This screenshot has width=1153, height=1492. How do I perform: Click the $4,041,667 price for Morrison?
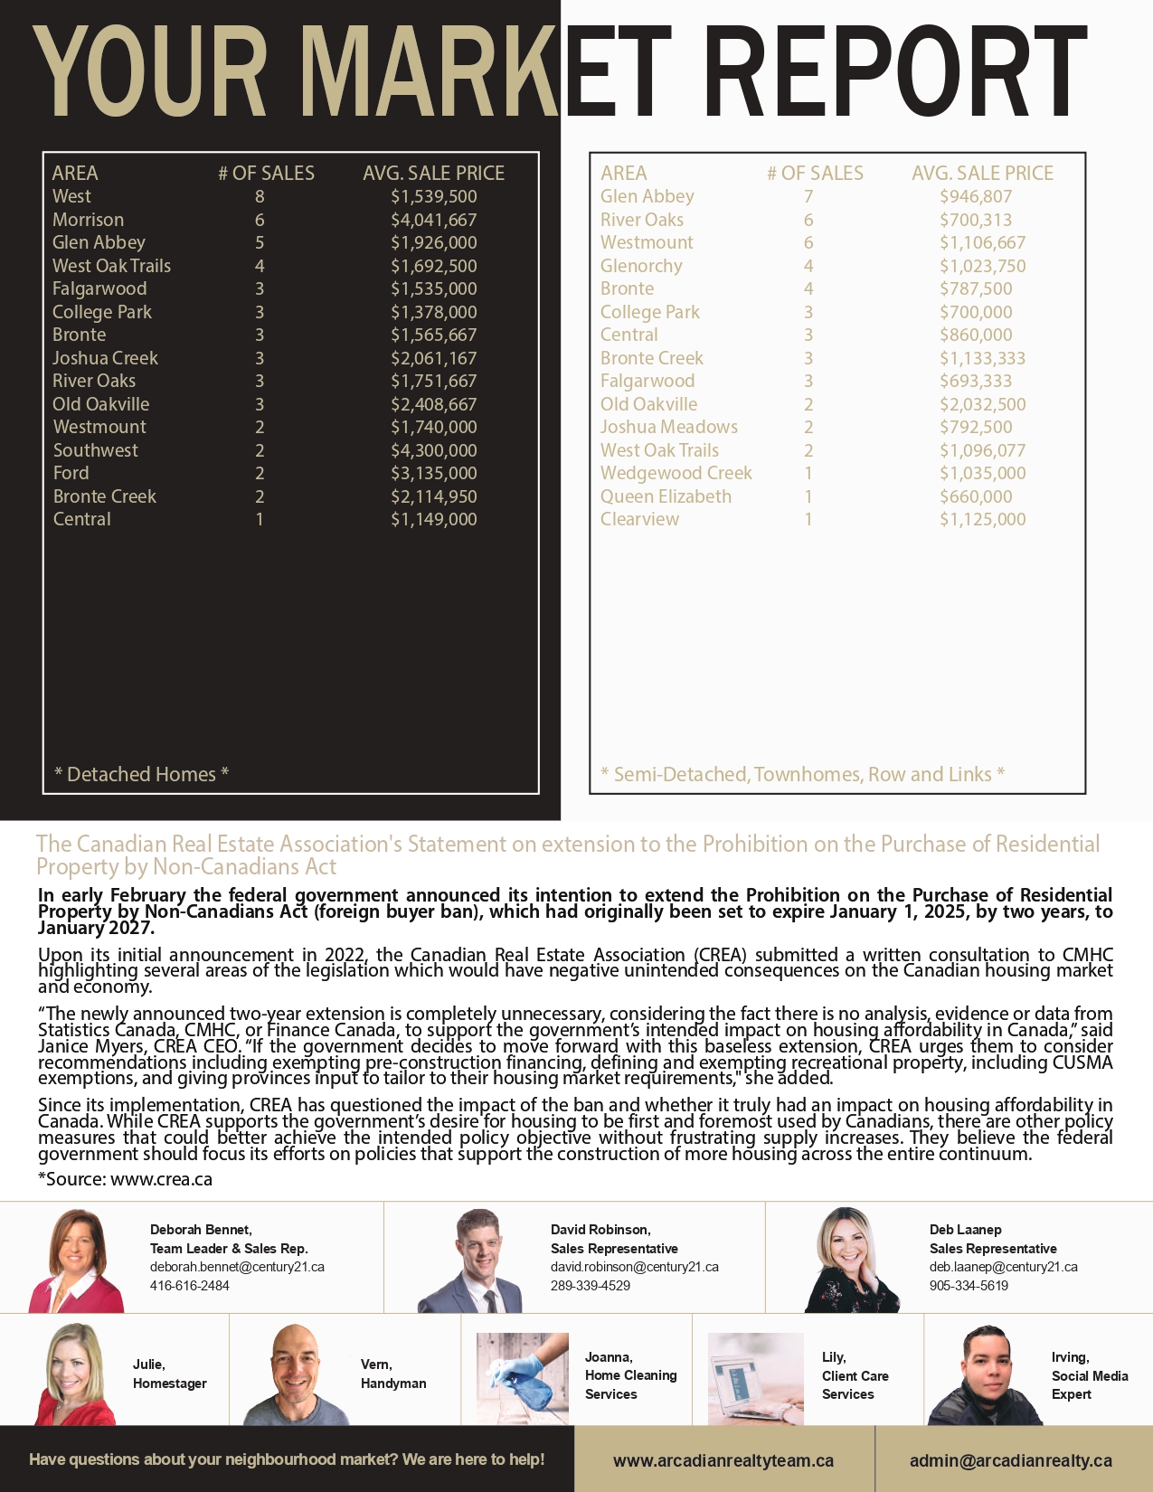[433, 220]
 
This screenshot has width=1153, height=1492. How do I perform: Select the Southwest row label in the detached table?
[96, 450]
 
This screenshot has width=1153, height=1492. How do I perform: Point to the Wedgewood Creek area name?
[676, 473]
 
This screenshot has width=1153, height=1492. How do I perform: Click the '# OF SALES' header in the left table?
[266, 173]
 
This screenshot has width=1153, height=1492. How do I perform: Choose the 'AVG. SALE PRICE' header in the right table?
[982, 173]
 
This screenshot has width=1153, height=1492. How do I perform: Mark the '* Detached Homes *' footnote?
[141, 774]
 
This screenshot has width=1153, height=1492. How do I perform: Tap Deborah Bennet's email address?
[237, 1267]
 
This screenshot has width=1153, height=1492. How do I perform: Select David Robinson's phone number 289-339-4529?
[591, 1286]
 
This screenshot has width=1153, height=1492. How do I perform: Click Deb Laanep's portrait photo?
[851, 1260]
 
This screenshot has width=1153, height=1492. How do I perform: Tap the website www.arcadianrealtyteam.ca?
[723, 1460]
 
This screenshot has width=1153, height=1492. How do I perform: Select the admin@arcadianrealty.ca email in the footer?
[1011, 1460]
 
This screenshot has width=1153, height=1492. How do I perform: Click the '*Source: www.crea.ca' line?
[125, 1179]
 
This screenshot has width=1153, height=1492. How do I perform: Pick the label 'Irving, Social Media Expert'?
[1089, 1375]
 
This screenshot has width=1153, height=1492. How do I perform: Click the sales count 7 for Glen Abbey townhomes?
[808, 196]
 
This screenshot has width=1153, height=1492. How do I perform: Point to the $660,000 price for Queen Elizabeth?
[976, 496]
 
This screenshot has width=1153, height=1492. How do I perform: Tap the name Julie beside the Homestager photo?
[148, 1365]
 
